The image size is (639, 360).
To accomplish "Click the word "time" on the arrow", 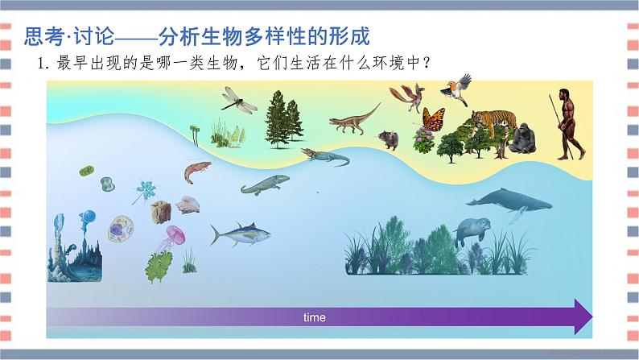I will pos(315,317).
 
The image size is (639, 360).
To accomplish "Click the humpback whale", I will pos(509,201).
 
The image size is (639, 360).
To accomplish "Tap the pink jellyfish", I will pos(174,237).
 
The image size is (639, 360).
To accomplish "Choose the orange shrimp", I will pos(196,170).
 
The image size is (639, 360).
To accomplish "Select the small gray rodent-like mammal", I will pos(390,140).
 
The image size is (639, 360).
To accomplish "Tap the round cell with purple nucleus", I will pos(122,230).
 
